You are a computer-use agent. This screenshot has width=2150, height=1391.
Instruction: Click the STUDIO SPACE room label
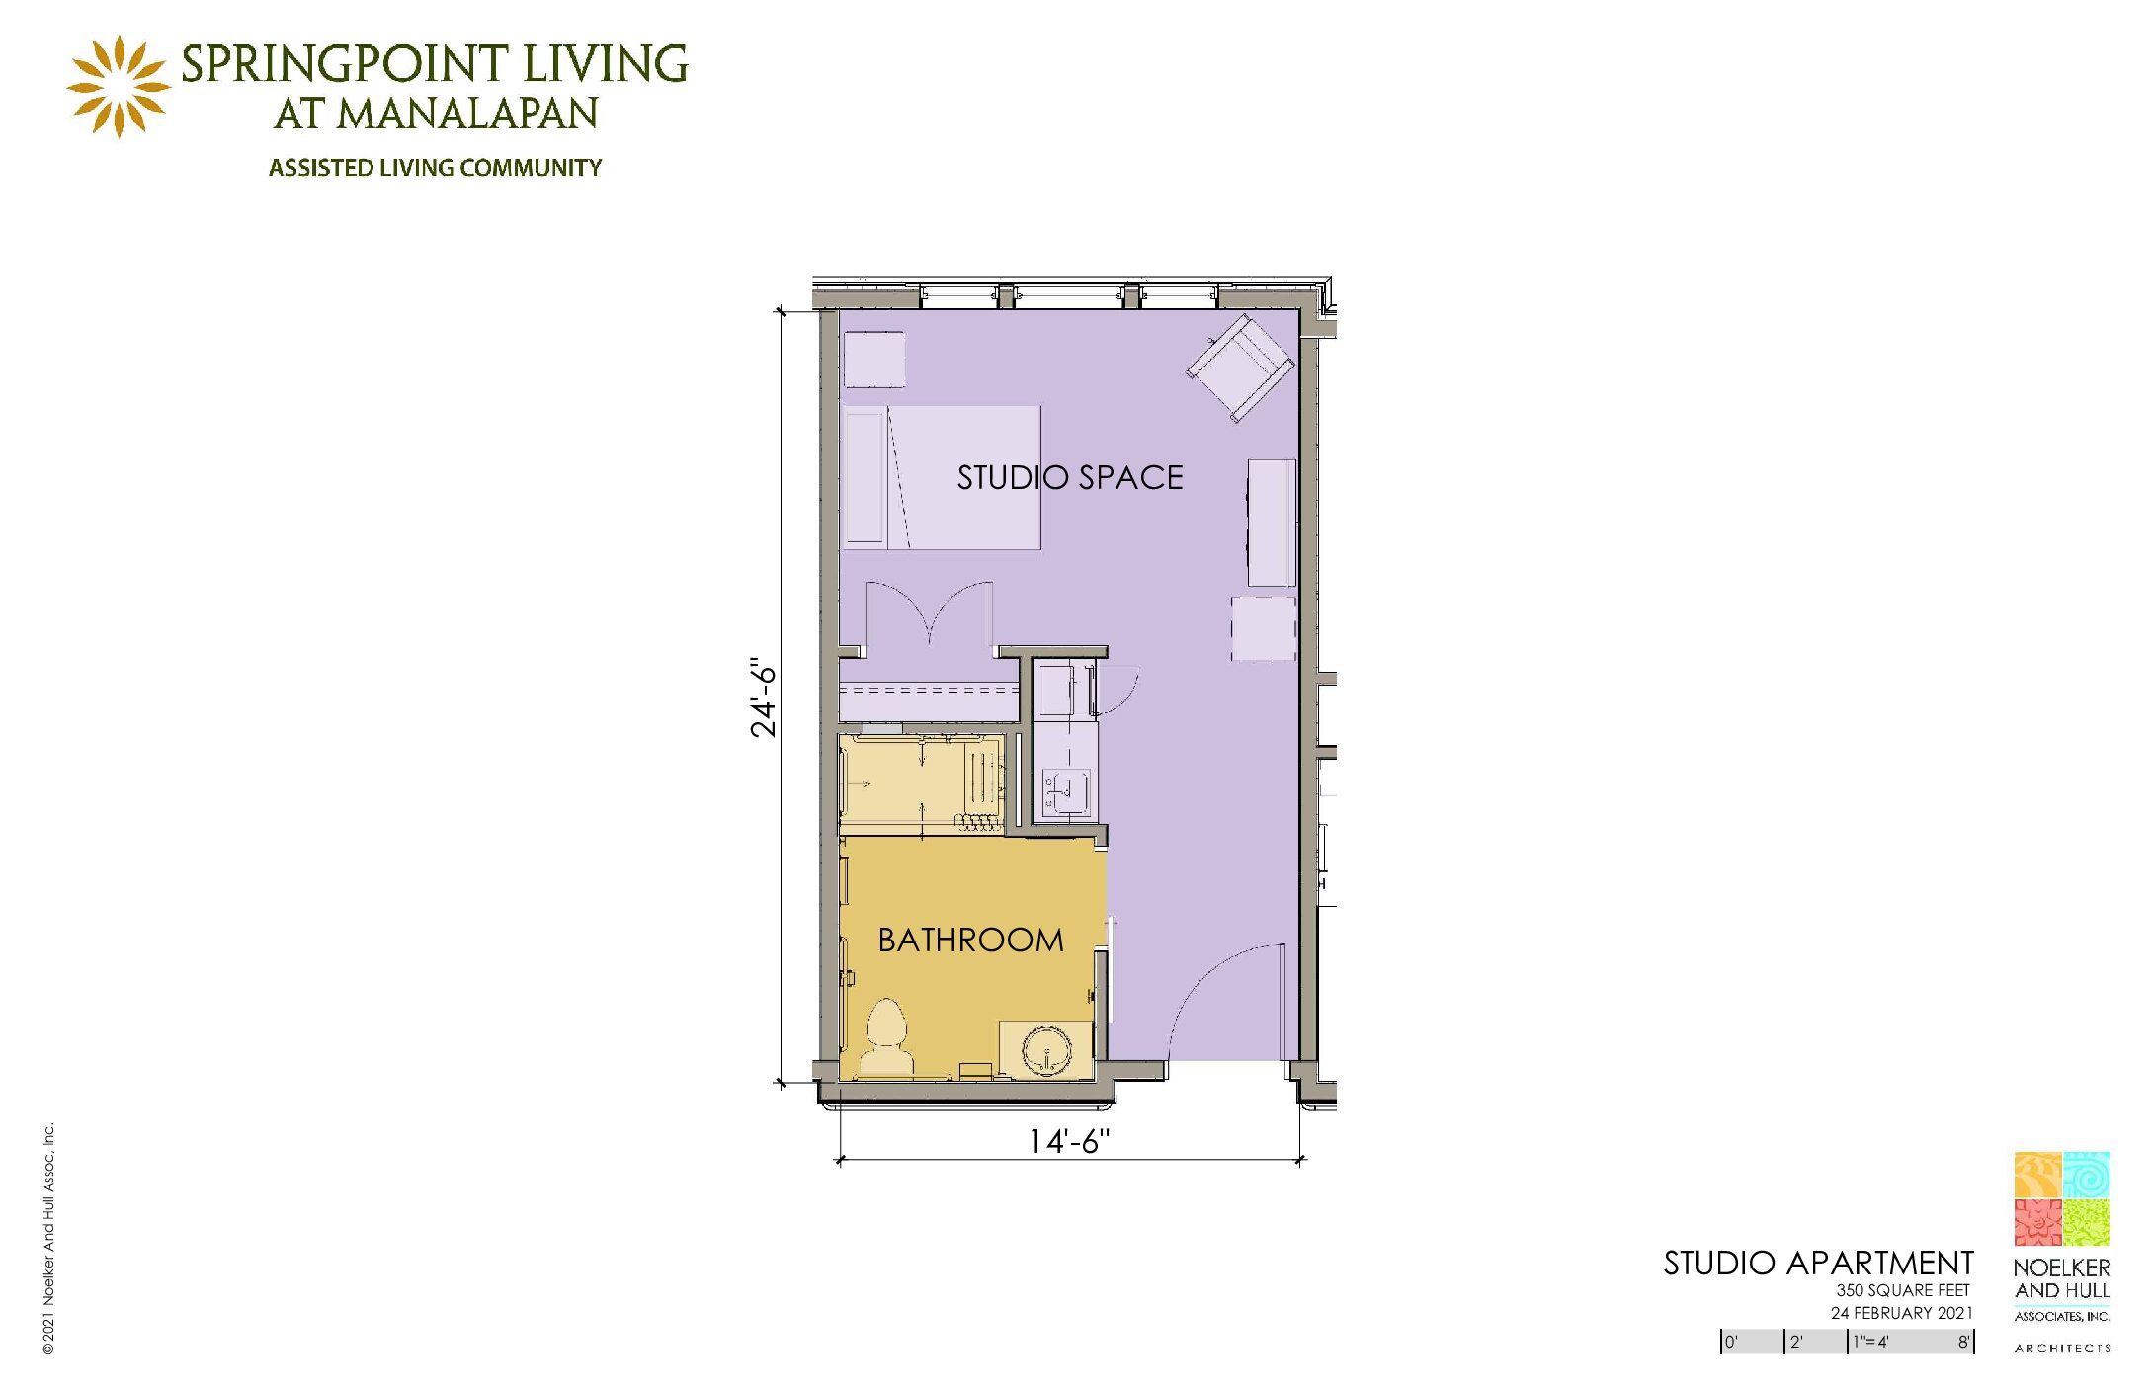point(1070,478)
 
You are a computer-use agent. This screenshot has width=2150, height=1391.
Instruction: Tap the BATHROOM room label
point(970,940)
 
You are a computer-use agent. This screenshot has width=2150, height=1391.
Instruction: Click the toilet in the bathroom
point(887,1037)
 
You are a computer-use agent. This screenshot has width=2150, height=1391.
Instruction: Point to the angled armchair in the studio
point(1241,368)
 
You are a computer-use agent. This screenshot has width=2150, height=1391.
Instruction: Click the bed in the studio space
point(942,477)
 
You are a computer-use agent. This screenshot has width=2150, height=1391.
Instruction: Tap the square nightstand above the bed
point(874,360)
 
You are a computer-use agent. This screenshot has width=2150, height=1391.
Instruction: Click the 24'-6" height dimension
point(764,697)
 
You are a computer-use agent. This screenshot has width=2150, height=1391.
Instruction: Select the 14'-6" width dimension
point(1069,1142)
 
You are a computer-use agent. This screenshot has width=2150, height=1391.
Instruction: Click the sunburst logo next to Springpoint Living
point(119,87)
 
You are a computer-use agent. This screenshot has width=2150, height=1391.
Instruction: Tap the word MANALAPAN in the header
point(467,114)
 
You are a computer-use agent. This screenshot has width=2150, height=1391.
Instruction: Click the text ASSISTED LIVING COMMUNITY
point(435,168)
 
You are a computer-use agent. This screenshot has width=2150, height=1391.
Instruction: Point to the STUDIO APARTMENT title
point(1818,1264)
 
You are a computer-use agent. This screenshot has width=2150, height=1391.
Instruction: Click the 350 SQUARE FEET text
point(1903,1290)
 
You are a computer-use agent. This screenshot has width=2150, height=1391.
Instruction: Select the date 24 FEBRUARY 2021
point(1901,1313)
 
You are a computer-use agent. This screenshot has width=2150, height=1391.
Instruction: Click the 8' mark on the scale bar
point(1964,1342)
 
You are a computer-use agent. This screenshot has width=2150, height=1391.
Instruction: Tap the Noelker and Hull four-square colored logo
point(2062,1198)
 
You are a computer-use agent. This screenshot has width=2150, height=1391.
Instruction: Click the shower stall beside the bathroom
point(921,783)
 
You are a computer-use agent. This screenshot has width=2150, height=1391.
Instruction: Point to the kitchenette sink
point(1067,791)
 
